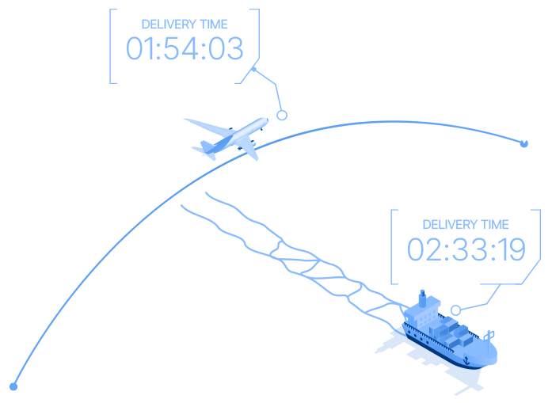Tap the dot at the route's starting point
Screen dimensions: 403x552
pyautogui.click(x=13, y=386)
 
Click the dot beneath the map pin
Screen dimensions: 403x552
pyautogui.click(x=523, y=144)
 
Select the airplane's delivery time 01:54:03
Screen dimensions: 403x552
pyautogui.click(x=185, y=49)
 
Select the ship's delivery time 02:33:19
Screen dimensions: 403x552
pyautogui.click(x=466, y=249)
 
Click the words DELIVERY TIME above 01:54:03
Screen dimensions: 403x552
pyautogui.click(x=185, y=25)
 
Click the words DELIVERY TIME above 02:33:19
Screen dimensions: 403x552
pyautogui.click(x=466, y=225)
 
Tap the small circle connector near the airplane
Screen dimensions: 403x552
pyautogui.click(x=281, y=115)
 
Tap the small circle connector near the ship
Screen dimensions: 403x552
pyautogui.click(x=455, y=310)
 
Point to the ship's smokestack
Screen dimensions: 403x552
pyautogui.click(x=422, y=299)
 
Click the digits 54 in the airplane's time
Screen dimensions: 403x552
pyautogui.click(x=185, y=49)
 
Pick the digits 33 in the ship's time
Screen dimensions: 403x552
pyautogui.click(x=466, y=249)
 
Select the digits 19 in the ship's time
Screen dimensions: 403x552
pyautogui.click(x=509, y=249)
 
